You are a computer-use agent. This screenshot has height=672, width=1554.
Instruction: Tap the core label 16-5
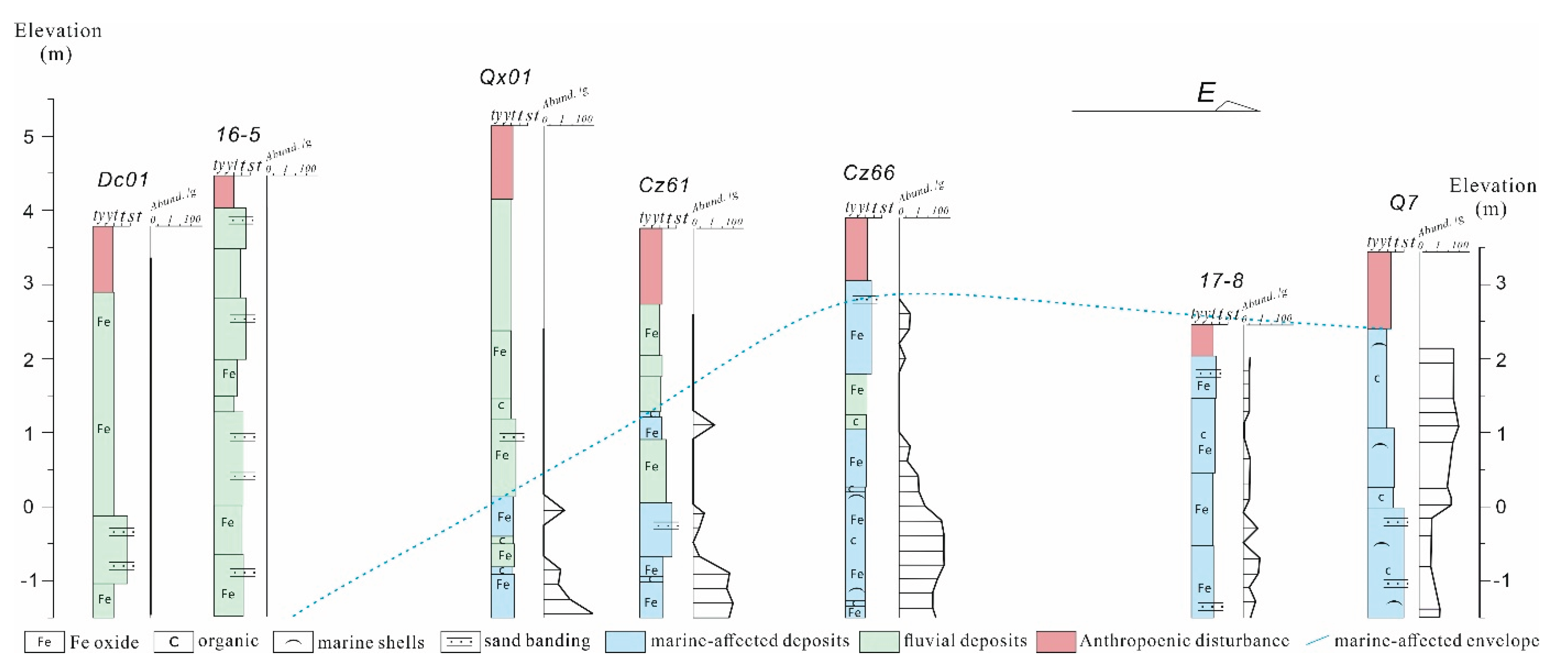click(238, 135)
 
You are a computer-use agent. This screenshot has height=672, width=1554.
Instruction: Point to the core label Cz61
click(664, 185)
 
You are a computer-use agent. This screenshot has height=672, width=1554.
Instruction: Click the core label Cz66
click(869, 173)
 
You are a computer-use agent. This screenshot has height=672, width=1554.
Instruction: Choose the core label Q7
click(1403, 203)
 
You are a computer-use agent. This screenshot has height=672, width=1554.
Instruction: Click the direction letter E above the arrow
click(1205, 93)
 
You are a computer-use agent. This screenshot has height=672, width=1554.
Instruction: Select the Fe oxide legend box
click(44, 642)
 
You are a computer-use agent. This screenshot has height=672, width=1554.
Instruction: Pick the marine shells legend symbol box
click(293, 642)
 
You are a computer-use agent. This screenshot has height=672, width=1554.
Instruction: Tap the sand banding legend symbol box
click(460, 642)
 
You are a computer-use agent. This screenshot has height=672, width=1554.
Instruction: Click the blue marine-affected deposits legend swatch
click(625, 642)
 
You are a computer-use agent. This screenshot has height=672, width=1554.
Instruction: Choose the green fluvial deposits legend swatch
click(878, 642)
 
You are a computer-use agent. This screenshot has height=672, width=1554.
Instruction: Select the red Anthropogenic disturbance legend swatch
click(1056, 642)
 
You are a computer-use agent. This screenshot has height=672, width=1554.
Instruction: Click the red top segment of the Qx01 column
click(502, 162)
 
